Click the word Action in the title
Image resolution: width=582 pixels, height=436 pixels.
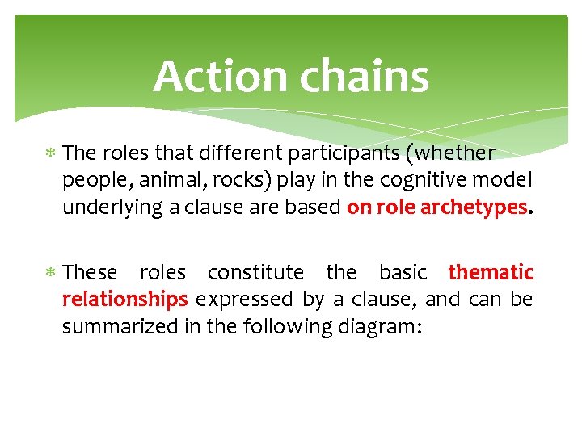221,77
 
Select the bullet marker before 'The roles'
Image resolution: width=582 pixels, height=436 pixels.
51,153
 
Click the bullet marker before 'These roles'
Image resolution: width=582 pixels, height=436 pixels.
51,273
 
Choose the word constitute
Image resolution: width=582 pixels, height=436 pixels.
255,272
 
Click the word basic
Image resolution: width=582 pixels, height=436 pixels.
403,272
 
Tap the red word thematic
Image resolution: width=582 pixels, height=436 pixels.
491,272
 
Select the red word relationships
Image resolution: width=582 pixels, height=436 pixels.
125,300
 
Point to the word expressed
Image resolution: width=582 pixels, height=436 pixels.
244,300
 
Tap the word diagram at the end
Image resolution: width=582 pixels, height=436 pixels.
381,327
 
